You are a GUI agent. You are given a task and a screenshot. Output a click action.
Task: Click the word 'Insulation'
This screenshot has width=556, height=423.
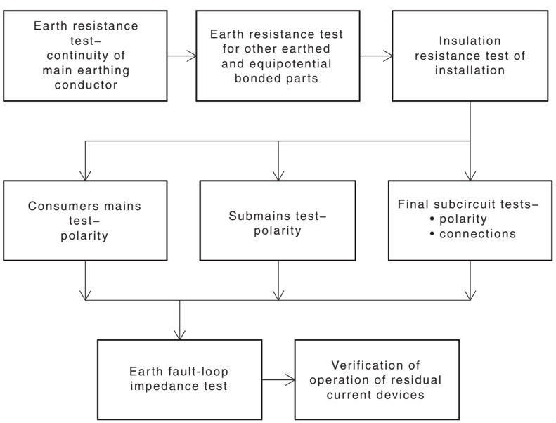pyautogui.click(x=470, y=41)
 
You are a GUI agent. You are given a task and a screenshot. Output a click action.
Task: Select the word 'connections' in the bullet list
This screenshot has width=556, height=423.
pyautogui.click(x=478, y=234)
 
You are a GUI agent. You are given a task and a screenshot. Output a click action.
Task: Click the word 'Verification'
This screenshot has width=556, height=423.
pyautogui.click(x=375, y=365)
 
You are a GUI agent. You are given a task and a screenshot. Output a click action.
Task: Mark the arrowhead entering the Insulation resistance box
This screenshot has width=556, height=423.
pyautogui.click(x=388, y=56)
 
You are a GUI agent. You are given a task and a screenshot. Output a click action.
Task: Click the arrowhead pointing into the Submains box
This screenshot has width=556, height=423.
pyautogui.click(x=278, y=176)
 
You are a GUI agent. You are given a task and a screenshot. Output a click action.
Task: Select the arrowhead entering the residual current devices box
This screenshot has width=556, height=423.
pyautogui.click(x=290, y=380)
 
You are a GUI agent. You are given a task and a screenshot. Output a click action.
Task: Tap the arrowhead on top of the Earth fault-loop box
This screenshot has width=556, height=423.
pyautogui.click(x=180, y=335)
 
